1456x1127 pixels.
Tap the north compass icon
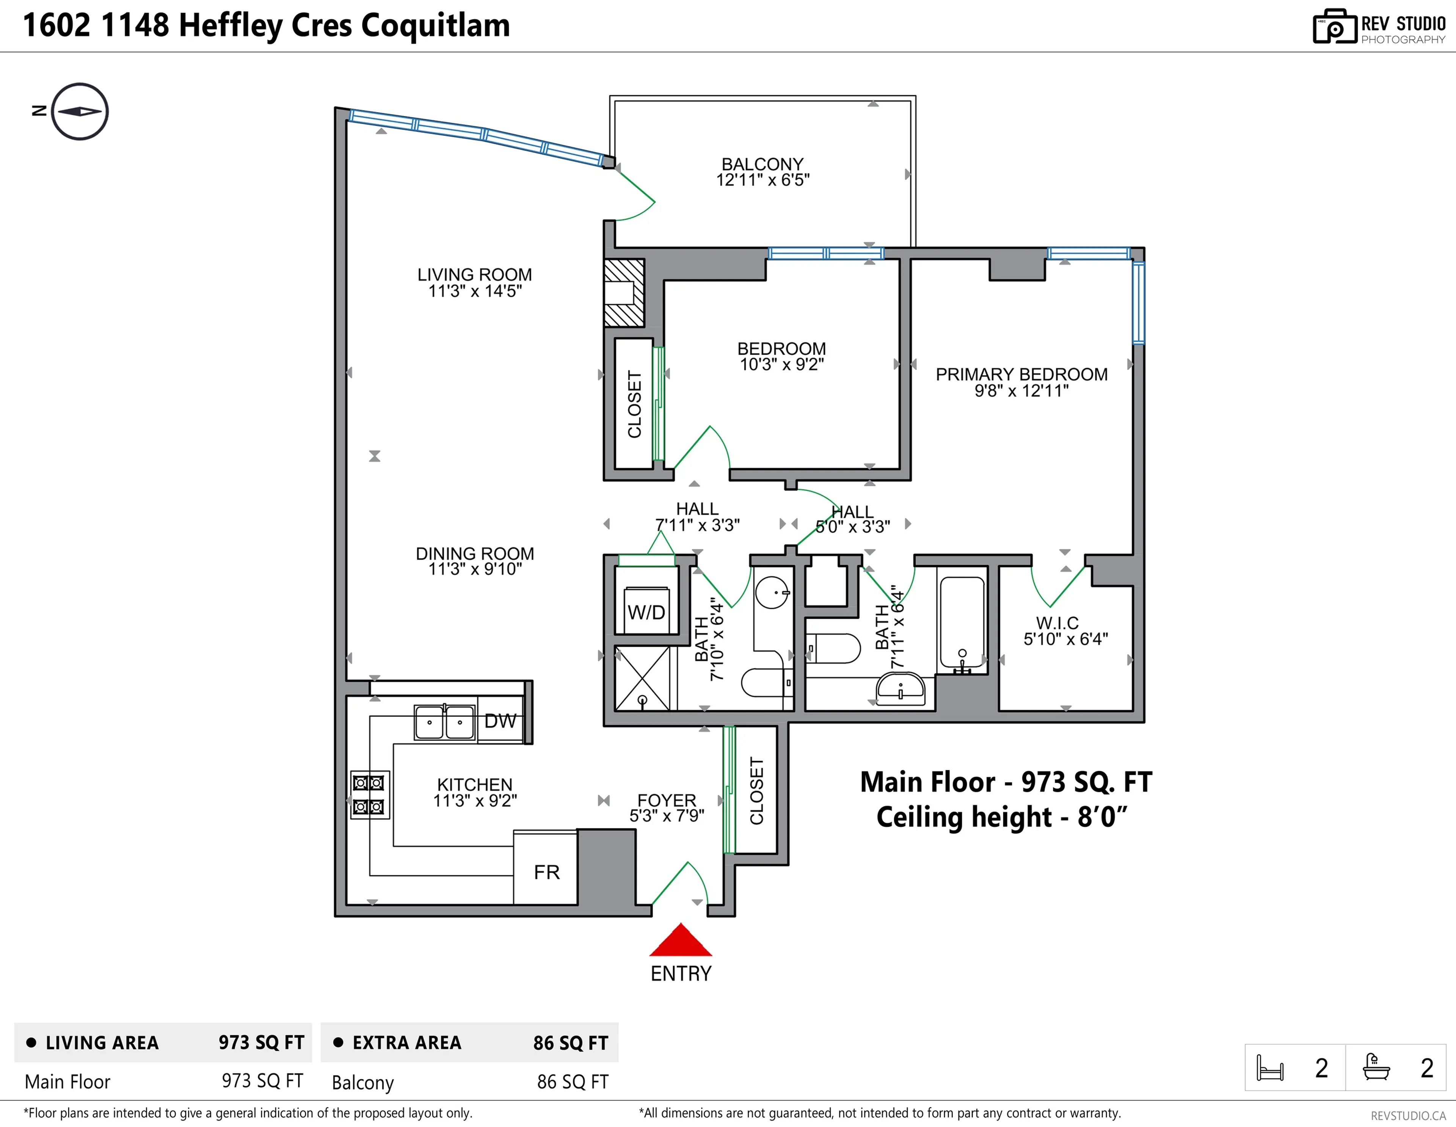click(79, 111)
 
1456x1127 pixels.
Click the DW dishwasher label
click(500, 721)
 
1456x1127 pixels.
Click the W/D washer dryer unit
click(646, 611)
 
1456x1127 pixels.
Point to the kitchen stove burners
click(369, 795)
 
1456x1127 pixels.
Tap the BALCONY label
click(762, 164)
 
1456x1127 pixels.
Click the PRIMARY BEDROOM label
click(1021, 375)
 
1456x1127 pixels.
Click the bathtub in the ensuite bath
click(961, 623)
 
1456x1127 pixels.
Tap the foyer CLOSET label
click(756, 790)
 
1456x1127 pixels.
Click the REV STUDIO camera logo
click(1334, 27)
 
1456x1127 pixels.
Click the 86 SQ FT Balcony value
click(572, 1082)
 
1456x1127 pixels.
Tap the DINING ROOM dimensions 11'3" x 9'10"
click(475, 569)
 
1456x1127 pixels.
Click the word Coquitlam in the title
click(435, 25)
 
